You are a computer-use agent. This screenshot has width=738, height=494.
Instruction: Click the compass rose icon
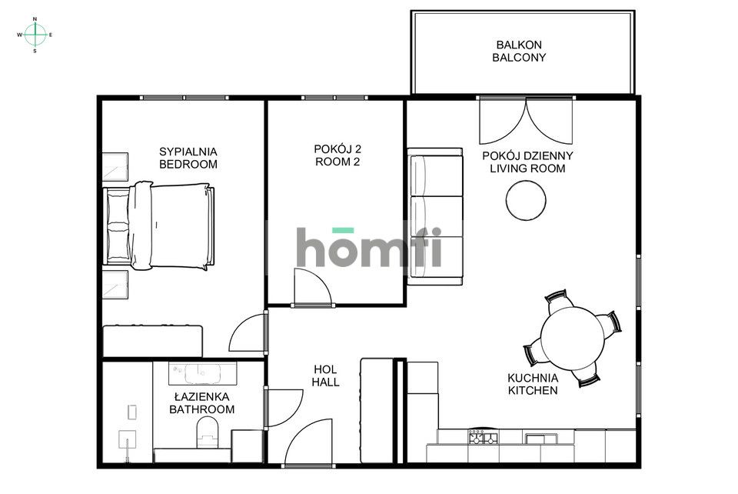(35, 35)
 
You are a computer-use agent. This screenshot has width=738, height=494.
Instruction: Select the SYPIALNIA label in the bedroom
(188, 151)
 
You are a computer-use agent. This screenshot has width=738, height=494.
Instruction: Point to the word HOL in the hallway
(326, 369)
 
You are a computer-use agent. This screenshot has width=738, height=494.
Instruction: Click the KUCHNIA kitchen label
(533, 378)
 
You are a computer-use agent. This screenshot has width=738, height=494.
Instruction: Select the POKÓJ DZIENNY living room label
(527, 155)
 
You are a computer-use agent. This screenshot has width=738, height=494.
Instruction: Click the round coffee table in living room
(527, 199)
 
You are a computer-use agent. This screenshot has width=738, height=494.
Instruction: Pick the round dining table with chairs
(572, 335)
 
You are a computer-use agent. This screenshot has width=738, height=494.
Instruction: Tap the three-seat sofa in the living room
(435, 218)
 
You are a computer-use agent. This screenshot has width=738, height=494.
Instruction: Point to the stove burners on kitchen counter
(483, 438)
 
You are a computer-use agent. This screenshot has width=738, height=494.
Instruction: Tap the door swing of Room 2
(311, 288)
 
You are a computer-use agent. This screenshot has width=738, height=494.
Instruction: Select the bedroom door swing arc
(248, 332)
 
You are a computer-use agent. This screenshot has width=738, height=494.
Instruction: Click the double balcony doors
(526, 122)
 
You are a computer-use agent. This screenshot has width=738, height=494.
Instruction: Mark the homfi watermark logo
(369, 248)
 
